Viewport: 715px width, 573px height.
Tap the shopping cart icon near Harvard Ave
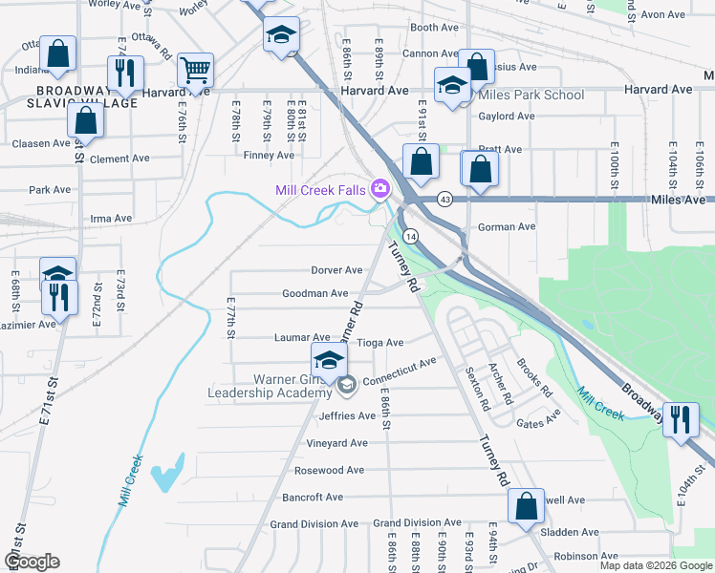(195, 69)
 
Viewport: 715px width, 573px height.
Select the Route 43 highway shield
(445, 199)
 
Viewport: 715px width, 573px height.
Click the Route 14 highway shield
(409, 235)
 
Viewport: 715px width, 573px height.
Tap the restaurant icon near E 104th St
(681, 419)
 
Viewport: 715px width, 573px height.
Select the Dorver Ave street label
(336, 270)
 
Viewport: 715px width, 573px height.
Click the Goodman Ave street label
(314, 293)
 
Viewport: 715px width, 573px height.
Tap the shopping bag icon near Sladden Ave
(526, 506)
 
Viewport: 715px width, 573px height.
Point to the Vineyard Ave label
(336, 443)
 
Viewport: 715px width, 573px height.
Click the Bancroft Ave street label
(313, 498)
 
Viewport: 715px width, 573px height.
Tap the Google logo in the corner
(31, 562)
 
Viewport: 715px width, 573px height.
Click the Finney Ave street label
(269, 155)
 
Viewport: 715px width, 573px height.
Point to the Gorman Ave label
(507, 227)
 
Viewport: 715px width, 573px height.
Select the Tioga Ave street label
(379, 342)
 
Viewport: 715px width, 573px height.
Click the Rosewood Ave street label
(330, 471)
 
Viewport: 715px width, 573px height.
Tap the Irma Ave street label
(110, 218)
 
